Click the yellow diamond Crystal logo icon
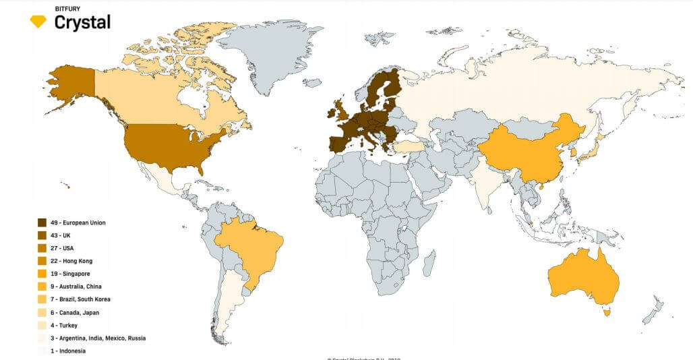(x=38, y=22)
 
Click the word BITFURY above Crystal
(x=67, y=9)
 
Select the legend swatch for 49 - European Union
(x=42, y=222)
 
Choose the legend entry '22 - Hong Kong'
(x=71, y=261)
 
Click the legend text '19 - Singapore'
(x=71, y=274)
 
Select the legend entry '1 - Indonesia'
(x=68, y=351)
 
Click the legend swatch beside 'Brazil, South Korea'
(x=42, y=299)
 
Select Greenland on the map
(x=270, y=61)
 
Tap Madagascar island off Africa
(x=428, y=264)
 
